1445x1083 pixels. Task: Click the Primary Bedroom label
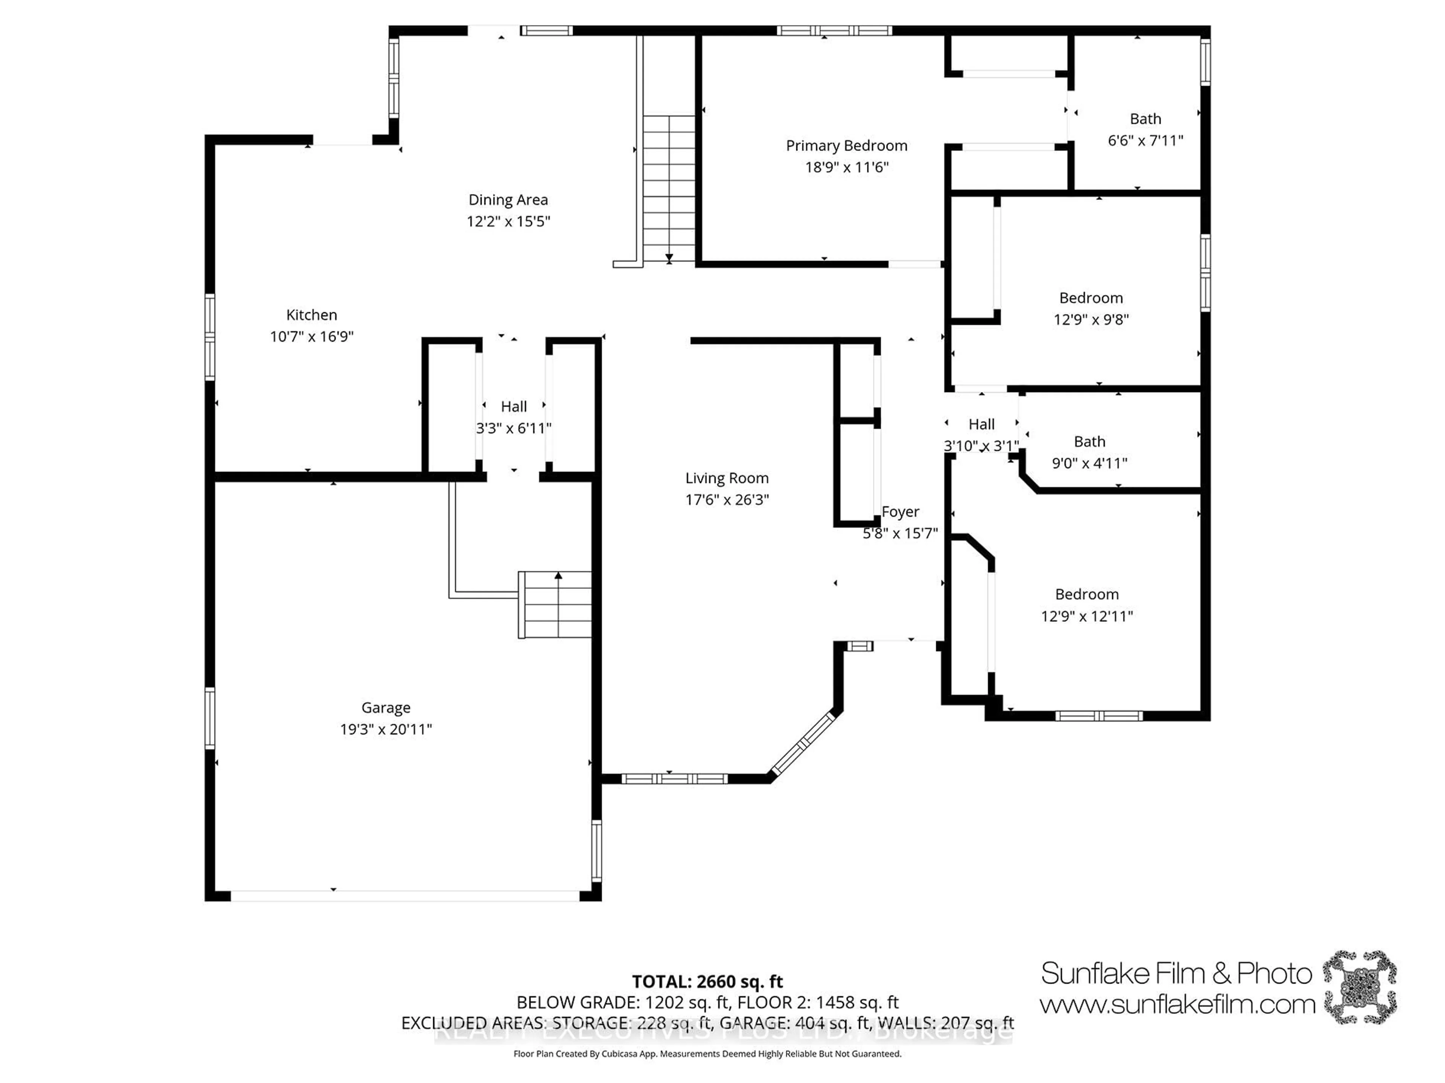pyautogui.click(x=847, y=146)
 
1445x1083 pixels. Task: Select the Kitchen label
pyautogui.click(x=312, y=315)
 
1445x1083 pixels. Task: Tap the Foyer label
pyautogui.click(x=900, y=512)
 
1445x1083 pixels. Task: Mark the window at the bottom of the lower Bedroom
pyautogui.click(x=1099, y=716)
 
